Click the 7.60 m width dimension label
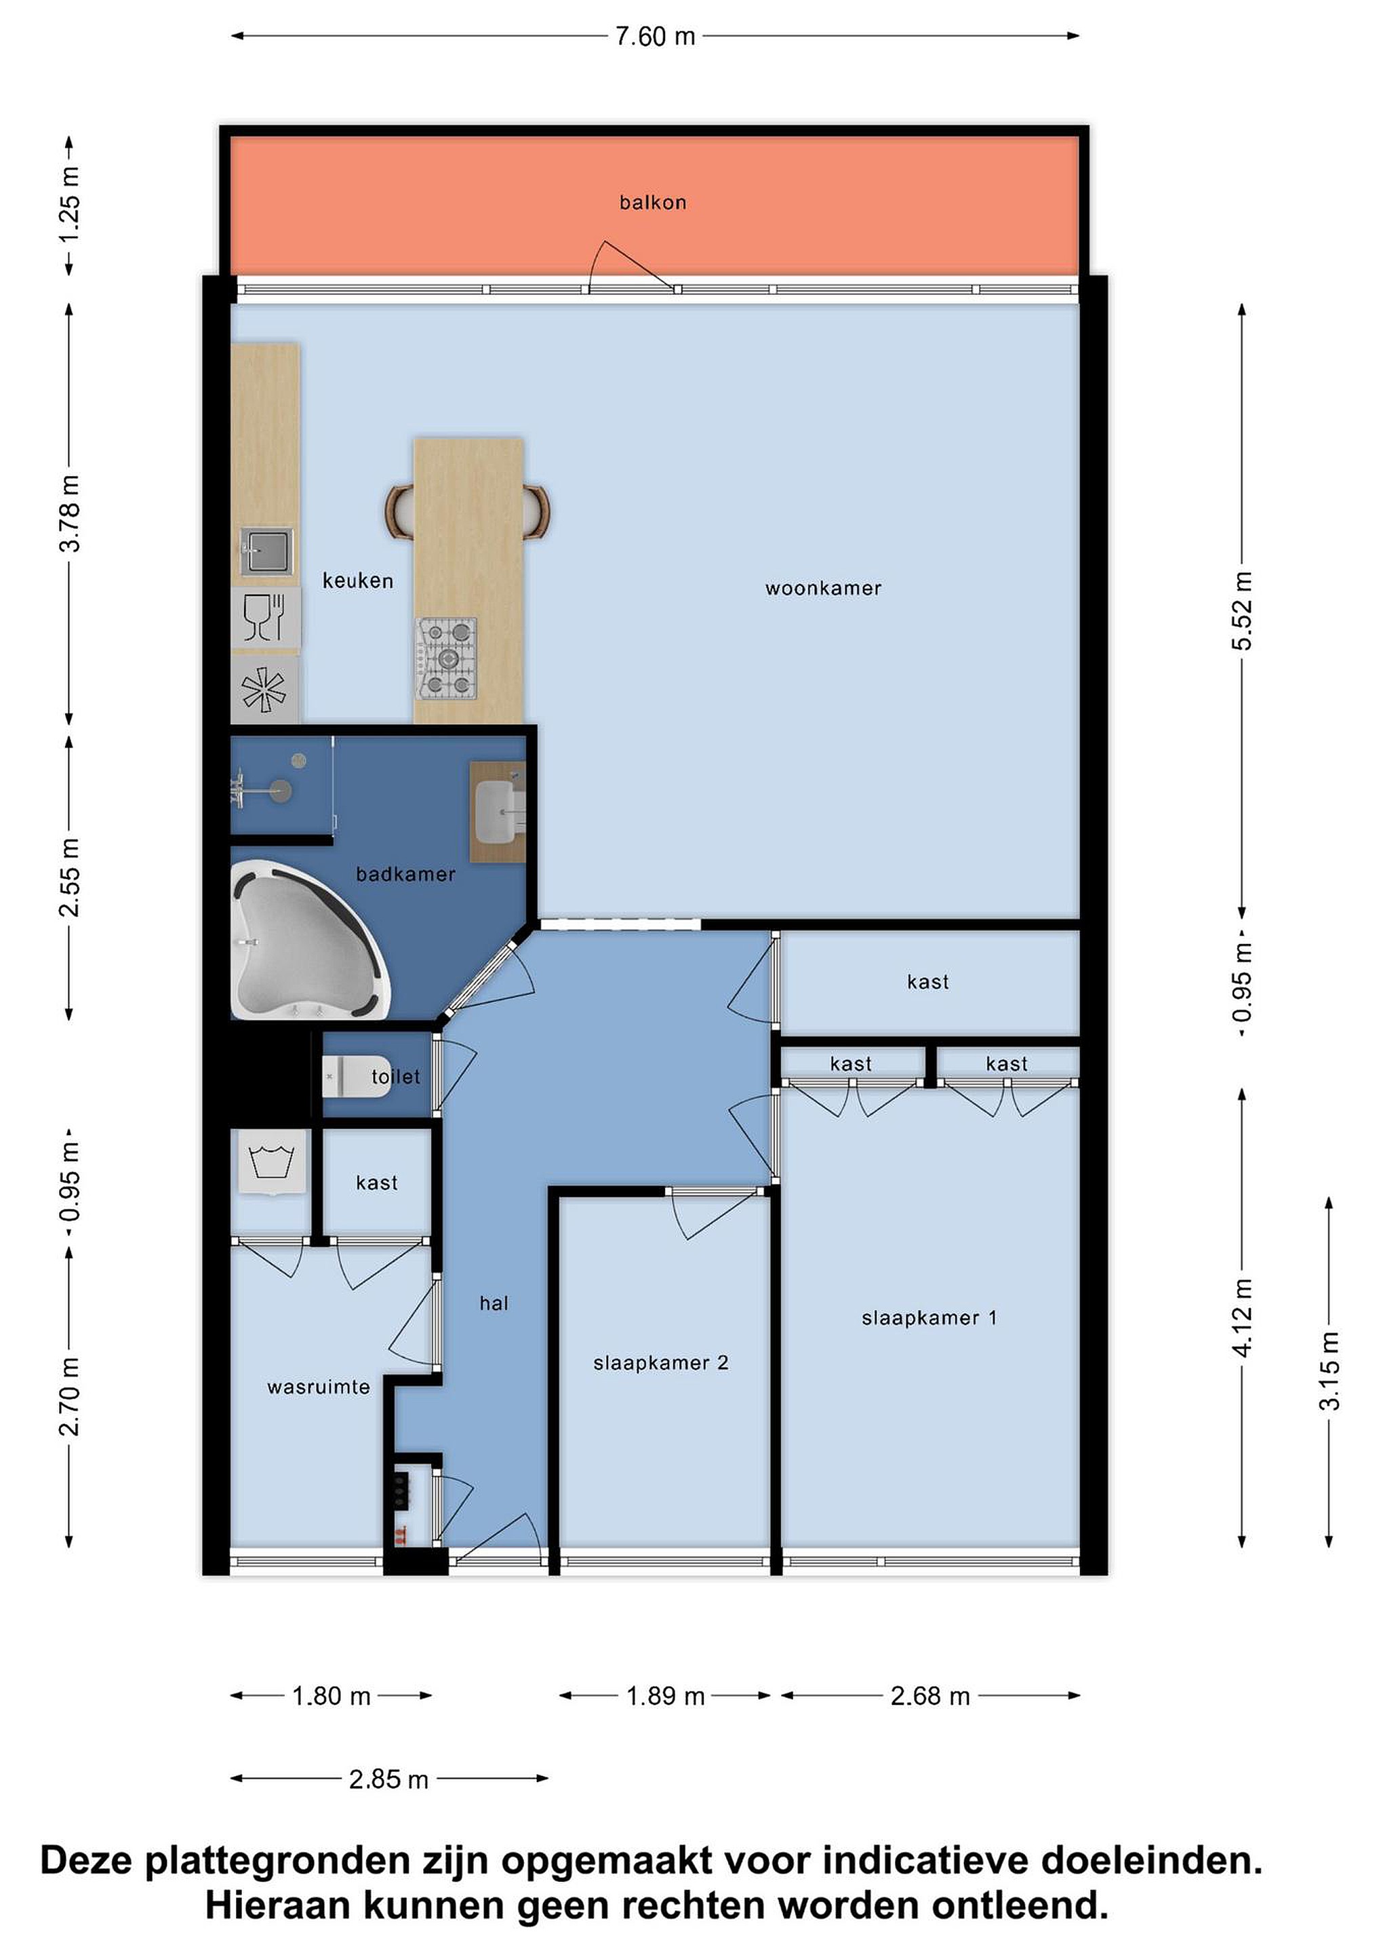tap(655, 37)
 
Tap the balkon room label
tap(652, 203)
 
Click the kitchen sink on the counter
tap(266, 551)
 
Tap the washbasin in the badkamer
tap(500, 812)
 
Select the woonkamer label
tap(823, 588)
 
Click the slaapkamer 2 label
tap(661, 1362)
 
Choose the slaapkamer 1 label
tap(929, 1318)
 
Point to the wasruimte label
tap(318, 1387)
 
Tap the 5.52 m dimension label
tap(1243, 612)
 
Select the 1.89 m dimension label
tap(666, 1696)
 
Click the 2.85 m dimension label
tap(388, 1779)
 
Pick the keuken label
tap(358, 581)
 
